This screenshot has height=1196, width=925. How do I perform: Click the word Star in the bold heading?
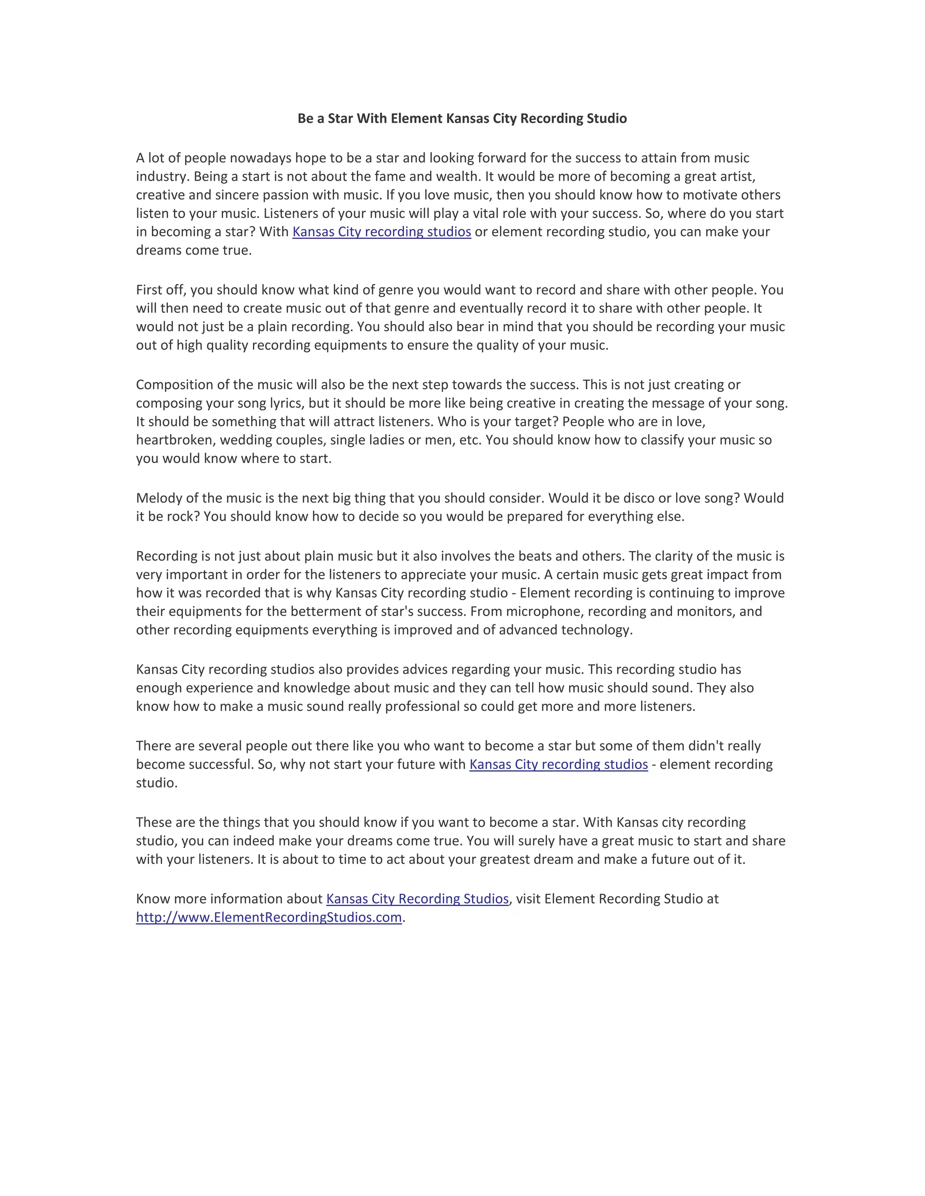point(340,118)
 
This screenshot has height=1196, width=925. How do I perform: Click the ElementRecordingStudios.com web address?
point(269,917)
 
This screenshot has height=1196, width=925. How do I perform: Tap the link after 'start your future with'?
point(558,764)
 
